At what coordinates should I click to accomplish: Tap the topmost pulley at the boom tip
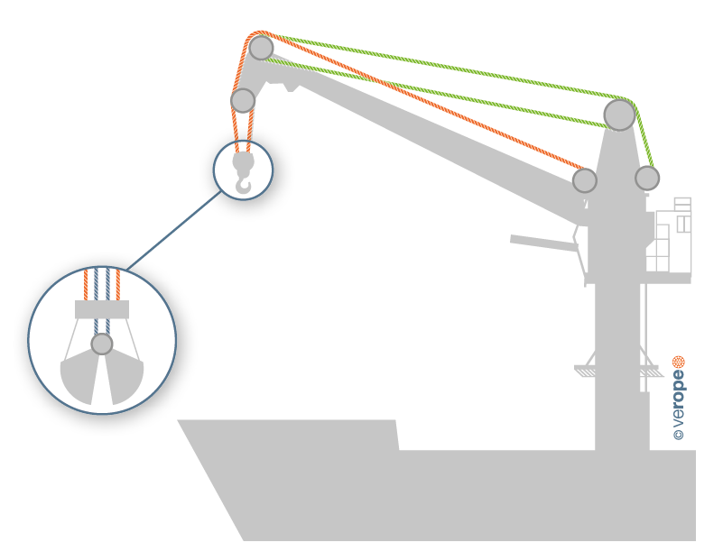click(261, 47)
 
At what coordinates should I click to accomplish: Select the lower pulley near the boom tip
click(243, 99)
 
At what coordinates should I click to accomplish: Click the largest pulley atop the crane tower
click(619, 115)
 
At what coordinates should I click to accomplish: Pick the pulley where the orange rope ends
click(585, 180)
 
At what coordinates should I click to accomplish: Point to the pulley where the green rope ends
click(646, 178)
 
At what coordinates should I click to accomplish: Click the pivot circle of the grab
click(102, 344)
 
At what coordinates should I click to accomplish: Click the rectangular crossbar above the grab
click(102, 309)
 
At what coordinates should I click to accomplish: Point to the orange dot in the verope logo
click(679, 363)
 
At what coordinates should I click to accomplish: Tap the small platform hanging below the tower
click(615, 368)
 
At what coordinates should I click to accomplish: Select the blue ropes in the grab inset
click(102, 284)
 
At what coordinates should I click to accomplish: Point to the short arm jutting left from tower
click(542, 242)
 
